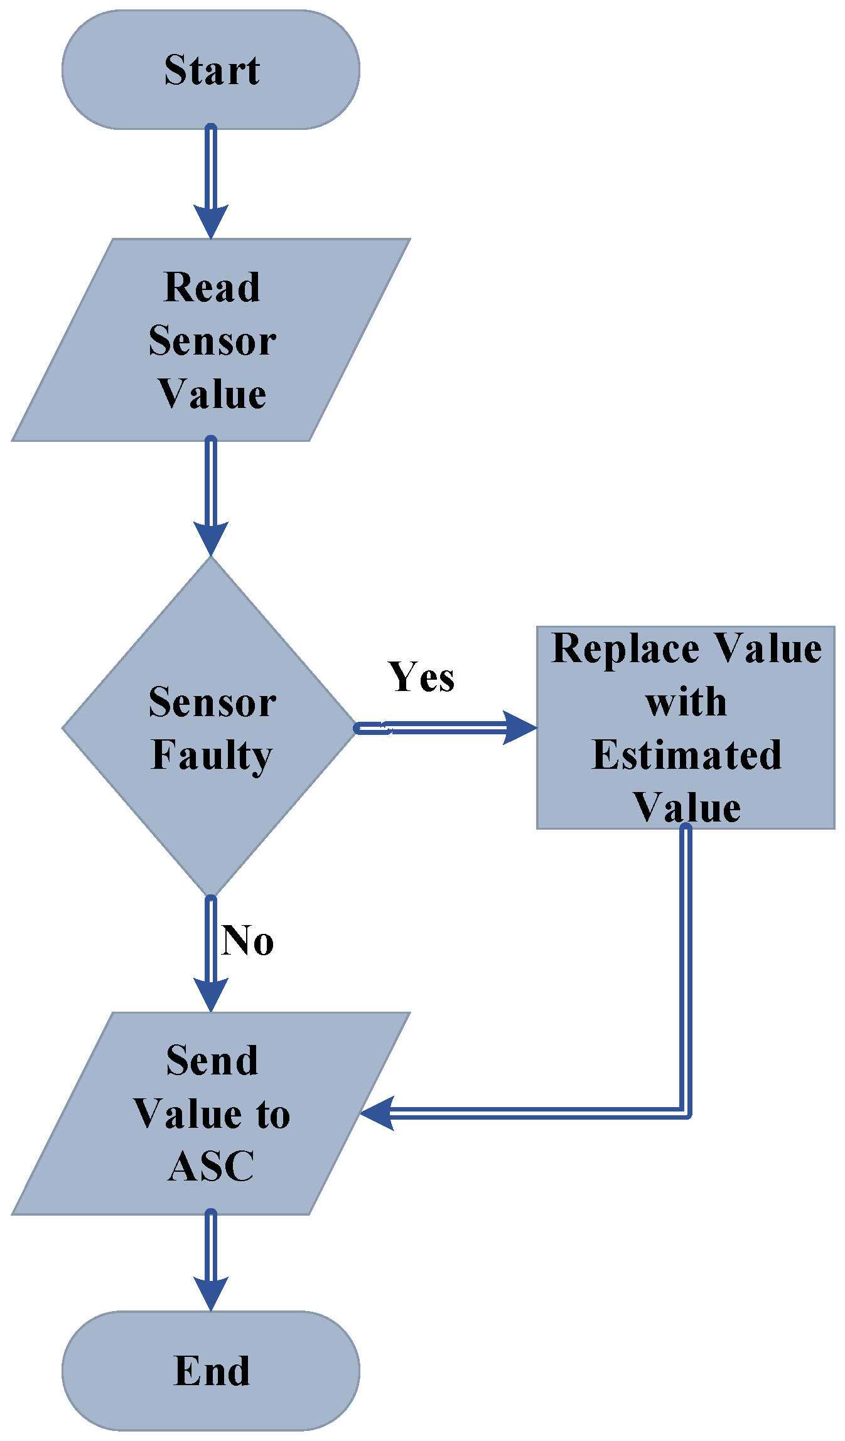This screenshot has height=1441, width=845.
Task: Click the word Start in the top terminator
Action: [212, 70]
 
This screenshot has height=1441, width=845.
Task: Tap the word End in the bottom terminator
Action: [212, 1371]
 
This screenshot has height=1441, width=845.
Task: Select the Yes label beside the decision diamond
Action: [421, 677]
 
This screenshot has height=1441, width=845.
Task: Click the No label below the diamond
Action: [247, 941]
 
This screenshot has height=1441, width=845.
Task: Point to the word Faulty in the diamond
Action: [212, 755]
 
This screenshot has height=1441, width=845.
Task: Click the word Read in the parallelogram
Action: [212, 287]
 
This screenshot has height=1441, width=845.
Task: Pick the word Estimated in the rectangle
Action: [686, 755]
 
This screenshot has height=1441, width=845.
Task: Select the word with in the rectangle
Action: [686, 702]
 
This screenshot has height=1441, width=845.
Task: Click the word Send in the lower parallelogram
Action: [212, 1061]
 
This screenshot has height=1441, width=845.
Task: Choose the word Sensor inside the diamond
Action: [212, 702]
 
